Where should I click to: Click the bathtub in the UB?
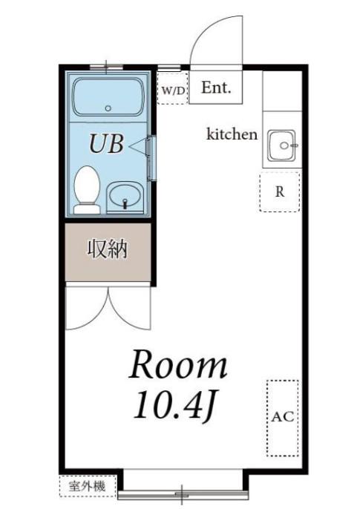pos(108,96)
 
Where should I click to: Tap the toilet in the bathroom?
pos(87,190)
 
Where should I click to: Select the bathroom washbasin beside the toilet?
pos(125,197)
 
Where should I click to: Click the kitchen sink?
pos(281,145)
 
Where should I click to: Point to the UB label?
pos(106,144)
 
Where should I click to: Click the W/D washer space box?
pos(173,88)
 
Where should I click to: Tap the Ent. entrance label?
pos(216,88)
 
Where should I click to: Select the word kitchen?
pos(232,134)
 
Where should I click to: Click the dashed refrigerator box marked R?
pos(280,192)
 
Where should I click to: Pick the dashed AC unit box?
pos(282,418)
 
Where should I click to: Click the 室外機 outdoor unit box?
pos(88,486)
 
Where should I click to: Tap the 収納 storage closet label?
pos(108,249)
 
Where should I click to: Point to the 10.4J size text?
pos(175,406)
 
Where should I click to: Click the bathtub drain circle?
pos(108,108)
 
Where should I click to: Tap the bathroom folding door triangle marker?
pos(138,146)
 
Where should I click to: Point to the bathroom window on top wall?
pos(106,68)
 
